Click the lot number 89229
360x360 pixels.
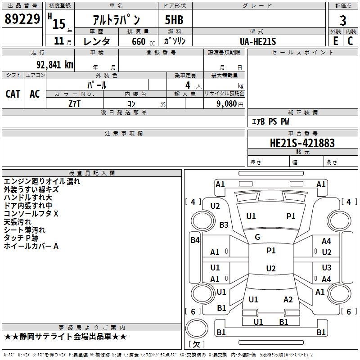pos(22,19)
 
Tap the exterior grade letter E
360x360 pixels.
pos(335,40)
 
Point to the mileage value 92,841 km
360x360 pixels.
pos(52,65)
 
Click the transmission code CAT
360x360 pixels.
pos(13,94)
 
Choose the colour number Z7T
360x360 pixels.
pos(75,103)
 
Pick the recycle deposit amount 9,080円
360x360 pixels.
pos(229,103)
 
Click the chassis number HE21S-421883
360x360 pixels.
pos(302,143)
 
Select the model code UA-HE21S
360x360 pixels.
pos(258,41)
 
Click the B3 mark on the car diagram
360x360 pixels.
pos(224,225)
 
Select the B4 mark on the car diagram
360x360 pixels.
pos(195,240)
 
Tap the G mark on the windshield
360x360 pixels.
pos(257,237)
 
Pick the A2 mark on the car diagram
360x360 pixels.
pos(288,300)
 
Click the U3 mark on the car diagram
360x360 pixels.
pos(326,267)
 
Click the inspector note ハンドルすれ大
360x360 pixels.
pos(28,198)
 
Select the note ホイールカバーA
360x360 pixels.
pos(31,246)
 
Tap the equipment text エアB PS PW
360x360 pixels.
pos(270,121)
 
